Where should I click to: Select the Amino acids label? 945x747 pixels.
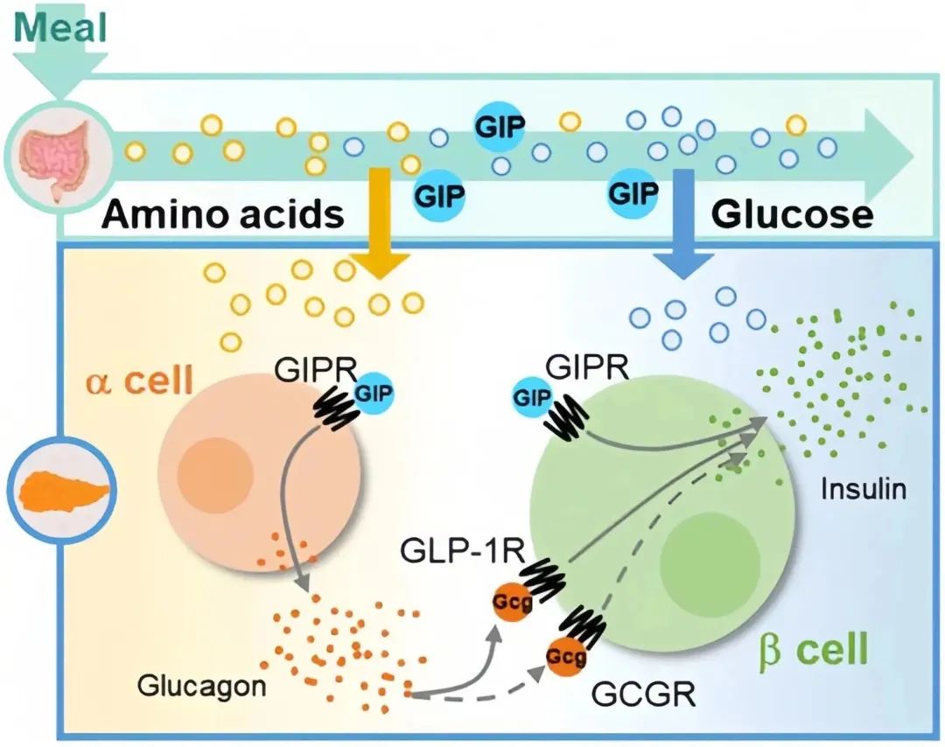pos(222,214)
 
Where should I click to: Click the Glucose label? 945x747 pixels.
pos(792,214)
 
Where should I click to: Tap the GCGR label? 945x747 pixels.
pos(643,696)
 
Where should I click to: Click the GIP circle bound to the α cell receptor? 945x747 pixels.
pos(374,394)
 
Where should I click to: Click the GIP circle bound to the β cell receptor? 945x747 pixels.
pos(534,395)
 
